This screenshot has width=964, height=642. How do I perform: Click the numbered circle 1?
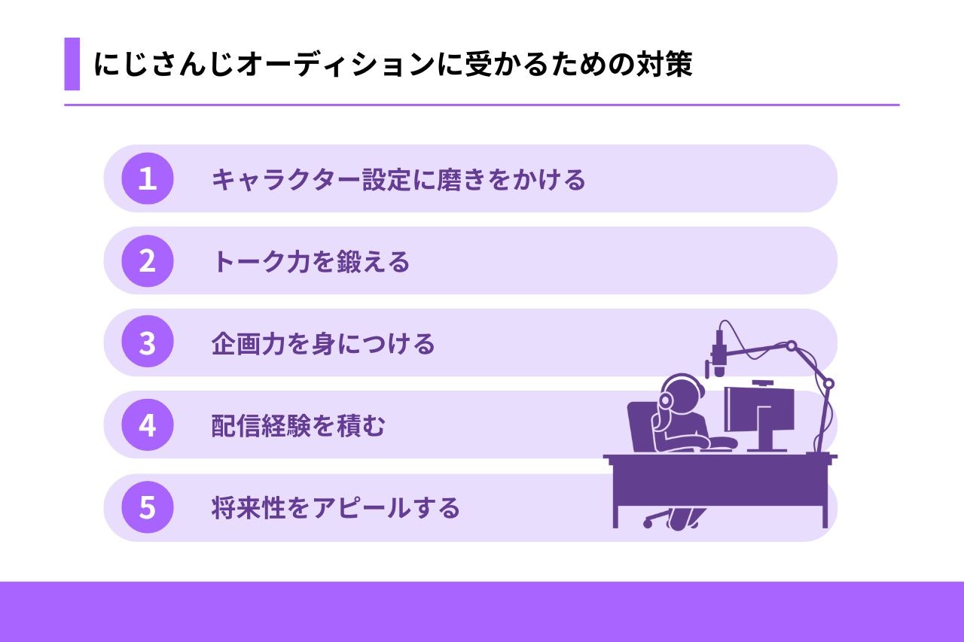pyautogui.click(x=147, y=178)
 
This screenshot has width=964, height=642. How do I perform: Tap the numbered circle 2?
pyautogui.click(x=147, y=260)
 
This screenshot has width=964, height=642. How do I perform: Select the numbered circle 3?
pyautogui.click(x=147, y=342)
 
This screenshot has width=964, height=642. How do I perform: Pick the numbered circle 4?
pyautogui.click(x=147, y=424)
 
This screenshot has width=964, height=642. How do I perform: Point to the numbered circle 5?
pyautogui.click(x=147, y=507)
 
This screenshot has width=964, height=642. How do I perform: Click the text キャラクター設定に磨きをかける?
pyautogui.click(x=398, y=179)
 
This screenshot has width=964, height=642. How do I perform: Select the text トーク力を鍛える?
pyautogui.click(x=311, y=261)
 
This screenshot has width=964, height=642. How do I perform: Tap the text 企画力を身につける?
pyautogui.click(x=323, y=343)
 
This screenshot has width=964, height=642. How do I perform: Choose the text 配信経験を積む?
pyautogui.click(x=297, y=426)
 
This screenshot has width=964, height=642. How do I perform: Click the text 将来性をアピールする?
pyautogui.click(x=336, y=508)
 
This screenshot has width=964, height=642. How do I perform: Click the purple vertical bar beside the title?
pyautogui.click(x=72, y=64)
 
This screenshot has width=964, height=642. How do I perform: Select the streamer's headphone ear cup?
pyautogui.click(x=665, y=400)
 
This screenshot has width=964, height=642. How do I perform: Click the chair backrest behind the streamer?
pyautogui.click(x=641, y=427)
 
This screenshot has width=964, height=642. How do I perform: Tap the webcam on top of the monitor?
pyautogui.click(x=763, y=382)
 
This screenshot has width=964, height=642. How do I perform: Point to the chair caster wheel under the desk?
pyautogui.click(x=647, y=524)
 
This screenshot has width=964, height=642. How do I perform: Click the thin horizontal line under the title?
pyautogui.click(x=482, y=105)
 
